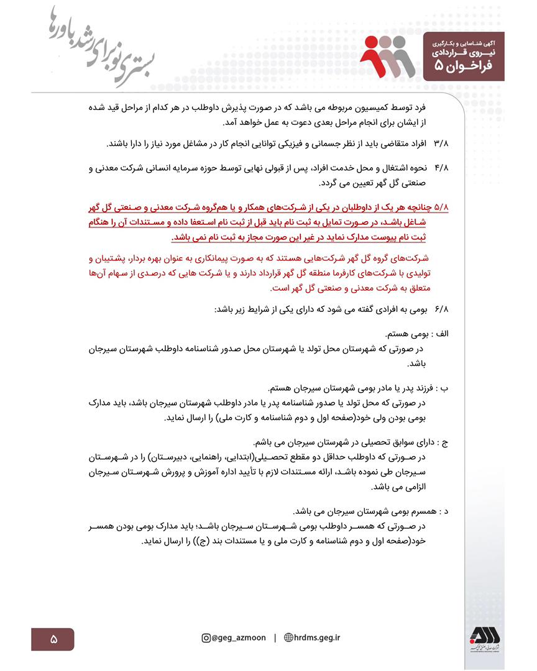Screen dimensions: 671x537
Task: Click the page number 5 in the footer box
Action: [x=53, y=639]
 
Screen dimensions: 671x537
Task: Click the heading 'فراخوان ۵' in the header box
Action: [x=463, y=66]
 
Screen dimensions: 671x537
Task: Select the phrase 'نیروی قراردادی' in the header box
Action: [x=463, y=52]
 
